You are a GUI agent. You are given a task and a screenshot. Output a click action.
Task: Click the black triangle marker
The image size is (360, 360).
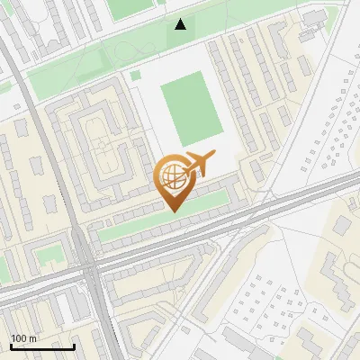(x=182, y=24)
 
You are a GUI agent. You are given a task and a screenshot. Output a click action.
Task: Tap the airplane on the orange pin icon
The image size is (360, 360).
(x=200, y=164)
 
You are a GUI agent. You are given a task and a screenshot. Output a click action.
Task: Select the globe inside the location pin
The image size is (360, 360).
(x=173, y=176)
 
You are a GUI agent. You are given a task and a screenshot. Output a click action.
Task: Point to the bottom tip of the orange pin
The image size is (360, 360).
(x=174, y=211)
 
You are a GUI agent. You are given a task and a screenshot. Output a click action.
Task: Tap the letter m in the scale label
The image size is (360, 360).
(x=32, y=339)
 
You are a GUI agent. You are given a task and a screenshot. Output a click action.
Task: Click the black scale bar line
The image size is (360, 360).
(x=42, y=346)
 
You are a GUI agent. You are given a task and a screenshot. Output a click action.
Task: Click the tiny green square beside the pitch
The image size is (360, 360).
(x=136, y=76)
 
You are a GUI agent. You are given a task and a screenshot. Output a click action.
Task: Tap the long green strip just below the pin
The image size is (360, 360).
(x=162, y=222)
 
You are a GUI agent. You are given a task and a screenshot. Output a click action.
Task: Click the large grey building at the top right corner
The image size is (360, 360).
(x=315, y=18)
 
